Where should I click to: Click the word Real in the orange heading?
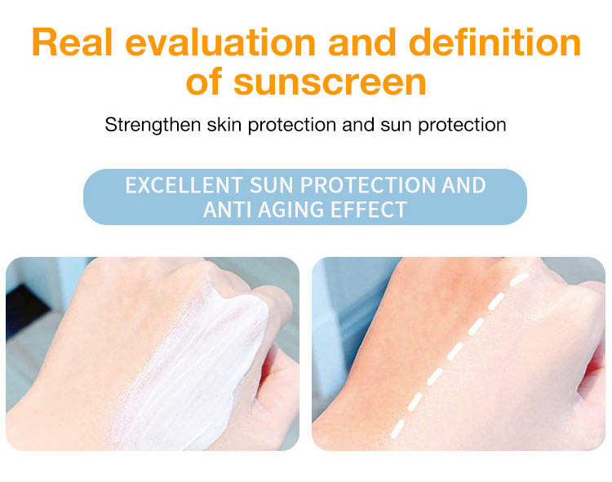[x=72, y=42]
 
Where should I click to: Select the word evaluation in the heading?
[x=220, y=42]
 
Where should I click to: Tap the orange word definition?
[x=495, y=42]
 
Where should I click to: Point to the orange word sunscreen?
[x=330, y=82]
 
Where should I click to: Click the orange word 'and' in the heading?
[x=362, y=42]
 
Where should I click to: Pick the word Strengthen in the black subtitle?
[x=153, y=126]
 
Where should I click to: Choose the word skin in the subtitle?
[x=224, y=125]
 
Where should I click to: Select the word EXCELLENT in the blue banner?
[x=184, y=185]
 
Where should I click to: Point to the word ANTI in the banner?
[x=227, y=210]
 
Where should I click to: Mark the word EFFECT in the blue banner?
[x=369, y=210]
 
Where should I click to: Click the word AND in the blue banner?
[x=463, y=185]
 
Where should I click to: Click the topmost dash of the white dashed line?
[x=520, y=278]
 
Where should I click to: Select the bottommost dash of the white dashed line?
[x=397, y=428]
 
